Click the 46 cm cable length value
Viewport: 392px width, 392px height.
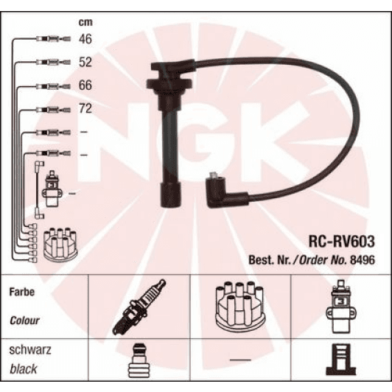click(x=85, y=39)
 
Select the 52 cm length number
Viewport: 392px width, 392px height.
click(x=85, y=62)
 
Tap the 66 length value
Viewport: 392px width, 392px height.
click(x=85, y=85)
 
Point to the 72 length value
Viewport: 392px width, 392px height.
click(x=85, y=108)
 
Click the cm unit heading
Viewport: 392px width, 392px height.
click(x=85, y=23)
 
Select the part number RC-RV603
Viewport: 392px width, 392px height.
click(x=342, y=242)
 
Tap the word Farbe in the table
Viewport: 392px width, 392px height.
click(x=22, y=292)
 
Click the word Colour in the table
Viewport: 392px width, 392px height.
click(x=24, y=321)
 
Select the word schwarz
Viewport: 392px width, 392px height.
click(x=30, y=349)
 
